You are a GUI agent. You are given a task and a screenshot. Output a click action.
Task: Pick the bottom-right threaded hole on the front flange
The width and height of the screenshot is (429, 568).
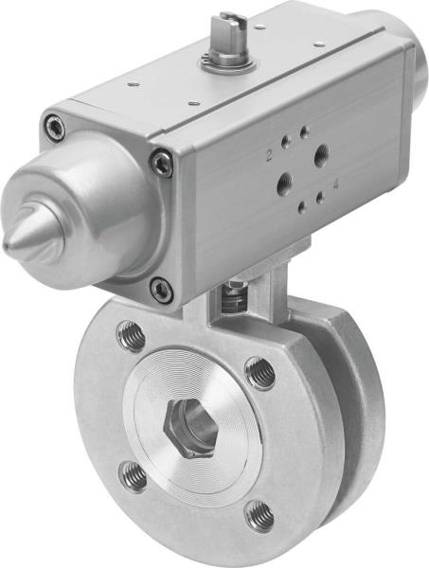[259, 516]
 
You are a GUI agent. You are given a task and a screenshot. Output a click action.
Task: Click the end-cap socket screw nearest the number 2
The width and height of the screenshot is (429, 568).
[163, 163]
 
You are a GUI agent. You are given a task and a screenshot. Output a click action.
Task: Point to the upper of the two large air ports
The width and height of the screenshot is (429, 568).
[322, 152]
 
